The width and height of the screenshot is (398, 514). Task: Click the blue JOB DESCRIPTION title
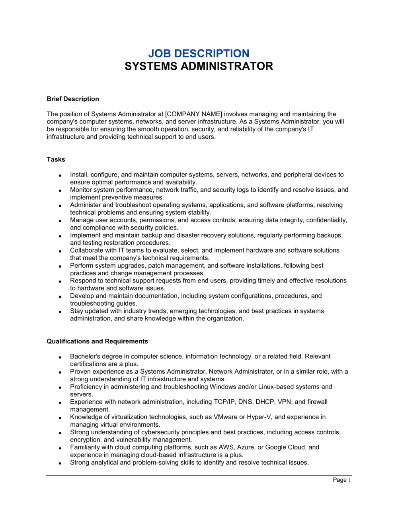199,53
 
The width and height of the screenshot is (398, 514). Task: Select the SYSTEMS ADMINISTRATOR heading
199,66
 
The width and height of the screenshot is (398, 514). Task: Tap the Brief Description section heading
72,99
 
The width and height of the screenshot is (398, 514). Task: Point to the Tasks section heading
56,159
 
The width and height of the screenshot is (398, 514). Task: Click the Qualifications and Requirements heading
97,341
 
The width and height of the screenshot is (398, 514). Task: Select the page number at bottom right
342,480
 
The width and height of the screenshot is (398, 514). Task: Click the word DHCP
265,402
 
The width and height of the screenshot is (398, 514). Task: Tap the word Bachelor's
85,357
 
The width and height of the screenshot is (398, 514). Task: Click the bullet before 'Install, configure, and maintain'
60,176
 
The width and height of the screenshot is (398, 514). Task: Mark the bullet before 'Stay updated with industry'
60,312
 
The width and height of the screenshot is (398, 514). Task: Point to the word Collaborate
86,251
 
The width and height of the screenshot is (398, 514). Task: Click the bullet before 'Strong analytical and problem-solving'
60,463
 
